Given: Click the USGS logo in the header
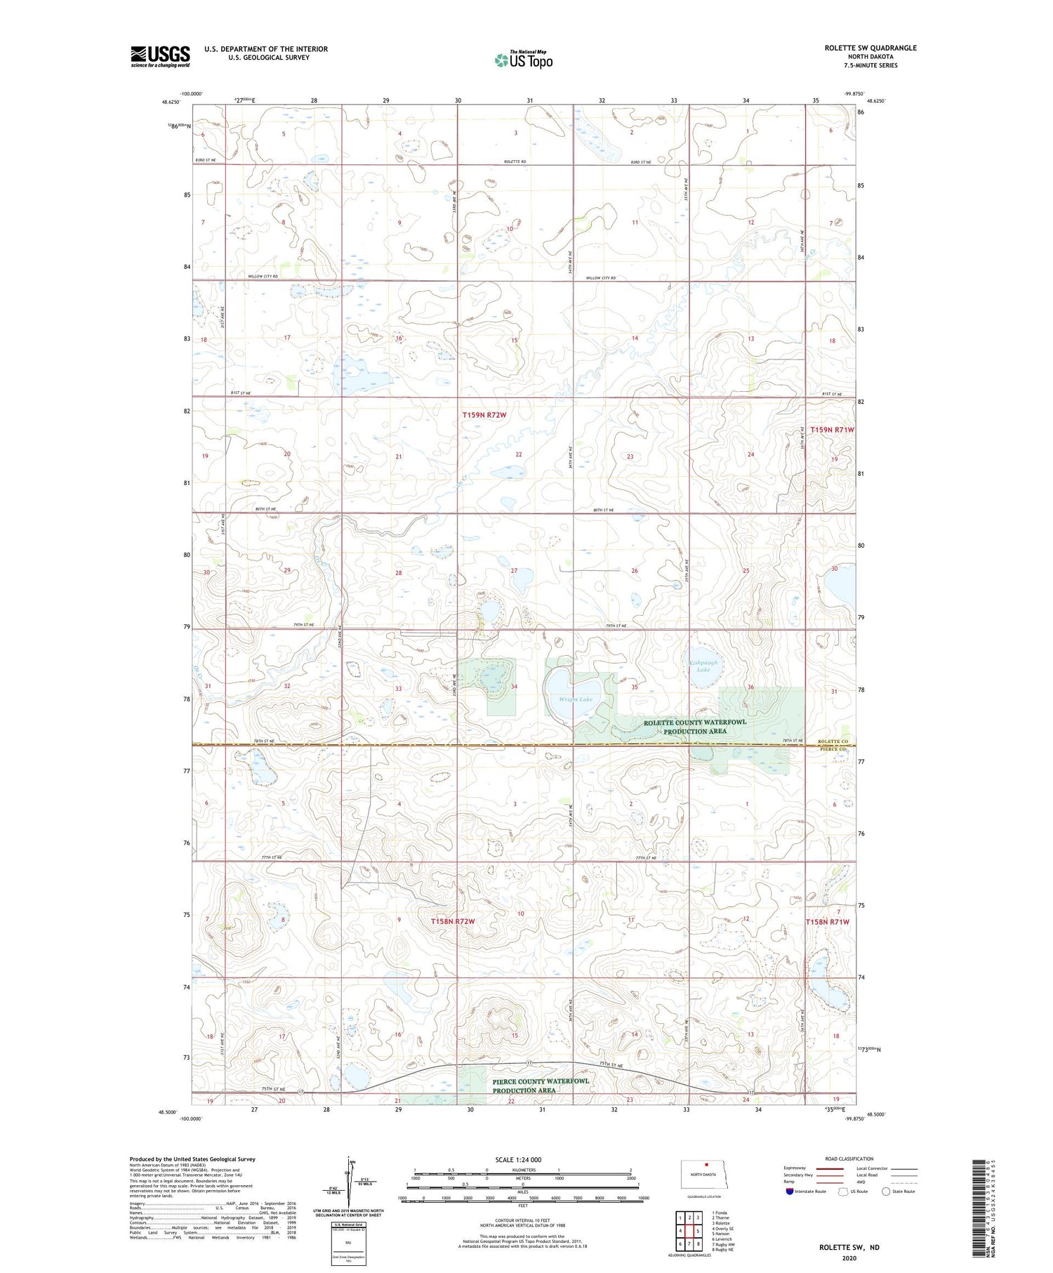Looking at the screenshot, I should tap(160, 56).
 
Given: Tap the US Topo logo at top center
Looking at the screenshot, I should tap(524, 60).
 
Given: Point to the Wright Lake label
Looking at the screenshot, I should tap(576, 699).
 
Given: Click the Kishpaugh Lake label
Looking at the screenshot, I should tap(703, 666).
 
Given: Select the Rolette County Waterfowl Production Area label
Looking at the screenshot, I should tap(695, 726).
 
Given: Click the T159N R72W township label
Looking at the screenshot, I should tap(484, 415).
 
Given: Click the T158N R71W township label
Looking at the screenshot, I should tap(827, 921).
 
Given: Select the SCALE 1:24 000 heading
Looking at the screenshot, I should tap(518, 1159).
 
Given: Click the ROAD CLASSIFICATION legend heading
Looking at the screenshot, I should tap(849, 1159).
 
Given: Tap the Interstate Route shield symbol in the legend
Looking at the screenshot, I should tap(790, 1192).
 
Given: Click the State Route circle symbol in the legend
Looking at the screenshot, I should tap(886, 1192).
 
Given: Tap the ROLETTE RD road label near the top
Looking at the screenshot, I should tap(515, 162).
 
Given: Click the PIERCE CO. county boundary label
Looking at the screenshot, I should tap(834, 749).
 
